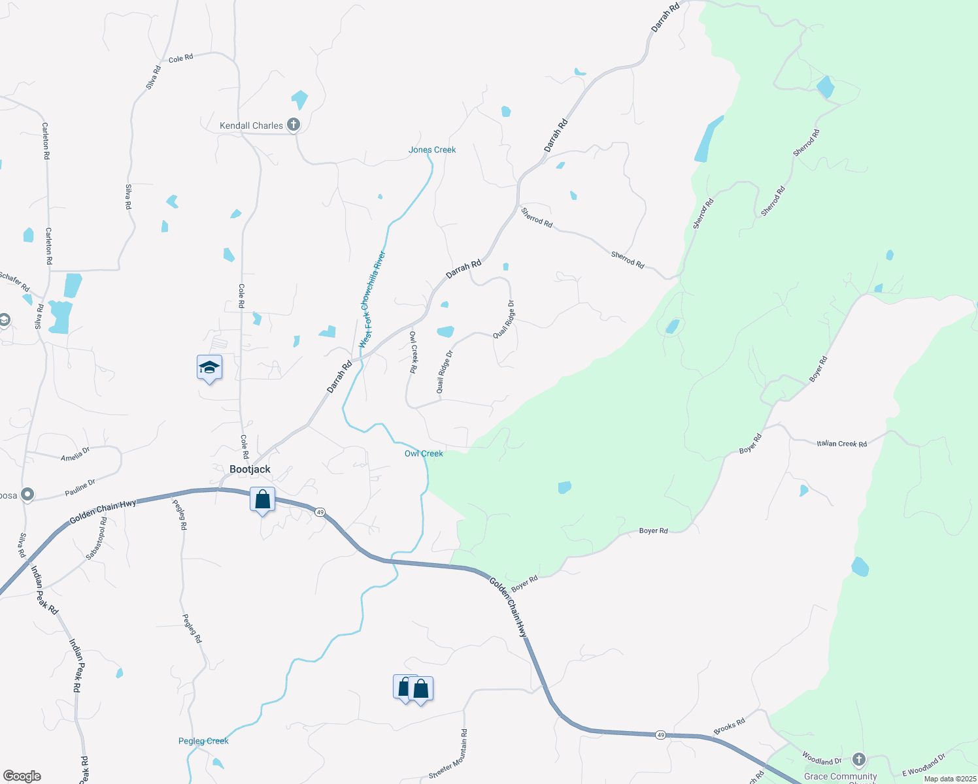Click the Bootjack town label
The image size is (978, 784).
coord(250,469)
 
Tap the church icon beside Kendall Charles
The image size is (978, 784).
coord(294,124)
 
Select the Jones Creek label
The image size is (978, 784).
coord(432,150)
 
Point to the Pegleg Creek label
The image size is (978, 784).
coord(203,741)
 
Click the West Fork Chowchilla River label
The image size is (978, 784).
coord(373,299)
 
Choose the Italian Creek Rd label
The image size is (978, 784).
coord(841,444)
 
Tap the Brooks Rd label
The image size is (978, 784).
coord(729,727)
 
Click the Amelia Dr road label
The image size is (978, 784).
coord(75,454)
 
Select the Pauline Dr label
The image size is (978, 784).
coord(80,487)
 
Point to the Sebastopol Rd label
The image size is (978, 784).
coord(97,538)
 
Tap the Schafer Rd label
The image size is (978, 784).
coord(14,282)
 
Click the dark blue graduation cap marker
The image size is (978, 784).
coord(209,368)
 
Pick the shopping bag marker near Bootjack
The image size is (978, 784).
coord(262,500)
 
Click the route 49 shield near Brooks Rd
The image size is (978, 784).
coord(661,735)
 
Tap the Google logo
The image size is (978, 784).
coord(22,776)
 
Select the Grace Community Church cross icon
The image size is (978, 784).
coord(859,759)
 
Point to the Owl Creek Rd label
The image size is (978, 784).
coord(413,351)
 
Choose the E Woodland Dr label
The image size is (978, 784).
coord(924,764)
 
